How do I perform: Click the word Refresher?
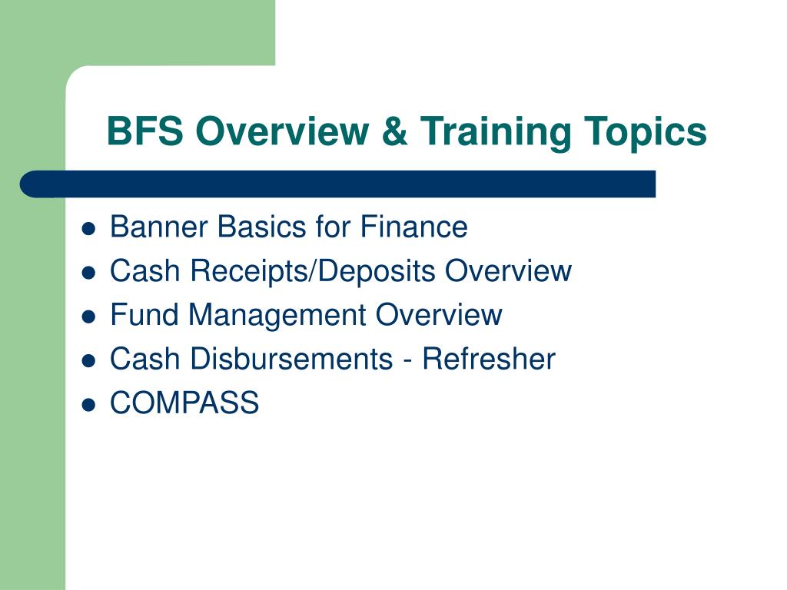click(x=490, y=359)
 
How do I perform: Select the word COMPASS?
click(x=184, y=403)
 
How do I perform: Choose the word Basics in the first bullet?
click(x=264, y=227)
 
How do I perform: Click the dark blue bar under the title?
click(x=338, y=184)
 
